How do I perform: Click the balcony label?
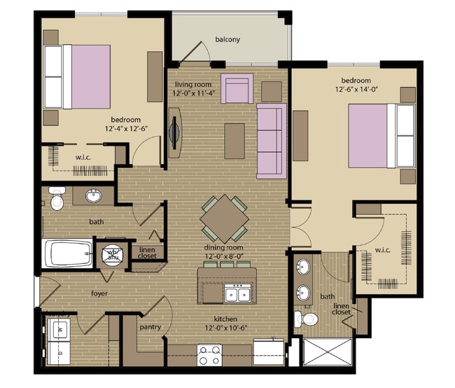[x=227, y=39]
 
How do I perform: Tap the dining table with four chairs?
[x=224, y=219]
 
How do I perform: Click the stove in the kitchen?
[x=208, y=356]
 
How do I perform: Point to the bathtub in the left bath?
[x=69, y=253]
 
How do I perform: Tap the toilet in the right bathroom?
[x=307, y=319]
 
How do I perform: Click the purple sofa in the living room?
[x=270, y=140]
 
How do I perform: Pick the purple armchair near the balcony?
[x=237, y=88]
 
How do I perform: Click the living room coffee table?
[x=234, y=139]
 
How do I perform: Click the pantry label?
[x=150, y=327]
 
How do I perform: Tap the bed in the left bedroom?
[x=77, y=76]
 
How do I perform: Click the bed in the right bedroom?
[x=381, y=135]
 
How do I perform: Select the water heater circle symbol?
[x=111, y=254]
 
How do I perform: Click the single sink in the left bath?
[x=93, y=196]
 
